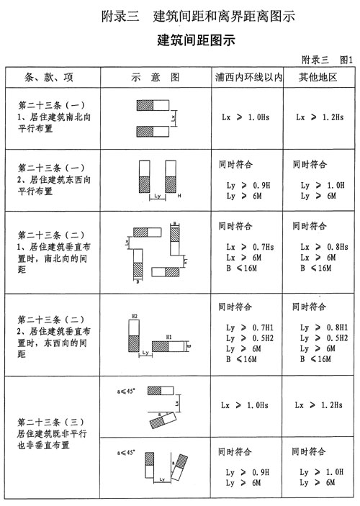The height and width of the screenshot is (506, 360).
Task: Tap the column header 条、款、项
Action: click(49, 76)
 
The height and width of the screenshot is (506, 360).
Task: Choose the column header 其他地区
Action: click(318, 76)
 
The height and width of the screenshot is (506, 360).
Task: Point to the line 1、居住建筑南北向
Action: click(52, 115)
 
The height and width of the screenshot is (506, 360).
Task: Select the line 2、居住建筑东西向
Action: click(52, 181)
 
